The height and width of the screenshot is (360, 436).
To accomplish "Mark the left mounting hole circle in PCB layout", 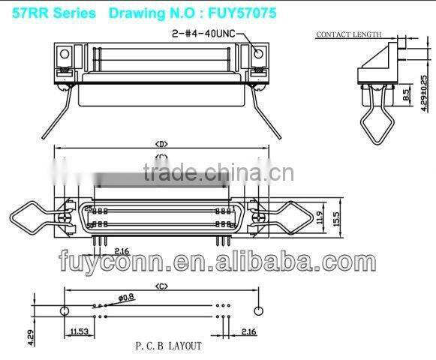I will (x=65, y=310).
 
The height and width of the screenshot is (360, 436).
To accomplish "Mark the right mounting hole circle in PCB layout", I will (x=259, y=310).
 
